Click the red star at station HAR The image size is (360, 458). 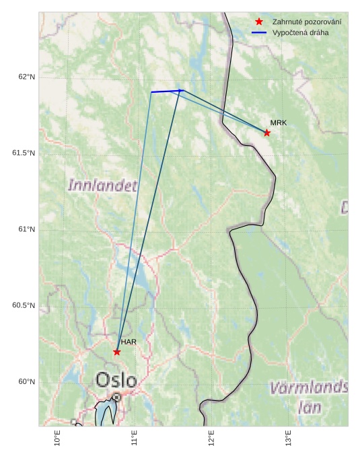(117, 352)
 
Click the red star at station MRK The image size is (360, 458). (267, 132)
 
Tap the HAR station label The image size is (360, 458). (129, 342)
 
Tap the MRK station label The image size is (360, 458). (278, 123)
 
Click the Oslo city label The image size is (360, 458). (116, 380)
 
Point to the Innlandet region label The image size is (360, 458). (102, 185)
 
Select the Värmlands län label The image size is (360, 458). (309, 397)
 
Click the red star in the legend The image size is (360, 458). (259, 22)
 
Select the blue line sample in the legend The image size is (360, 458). (259, 33)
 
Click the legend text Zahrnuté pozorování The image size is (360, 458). (306, 22)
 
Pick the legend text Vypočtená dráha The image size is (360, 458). (300, 33)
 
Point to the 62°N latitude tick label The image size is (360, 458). (27, 77)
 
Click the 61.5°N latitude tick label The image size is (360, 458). (24, 153)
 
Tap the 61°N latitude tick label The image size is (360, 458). (27, 229)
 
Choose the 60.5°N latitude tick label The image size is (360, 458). (24, 306)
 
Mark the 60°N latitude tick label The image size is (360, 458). (27, 382)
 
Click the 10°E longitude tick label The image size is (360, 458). (57, 438)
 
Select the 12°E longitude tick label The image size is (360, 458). (211, 438)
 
